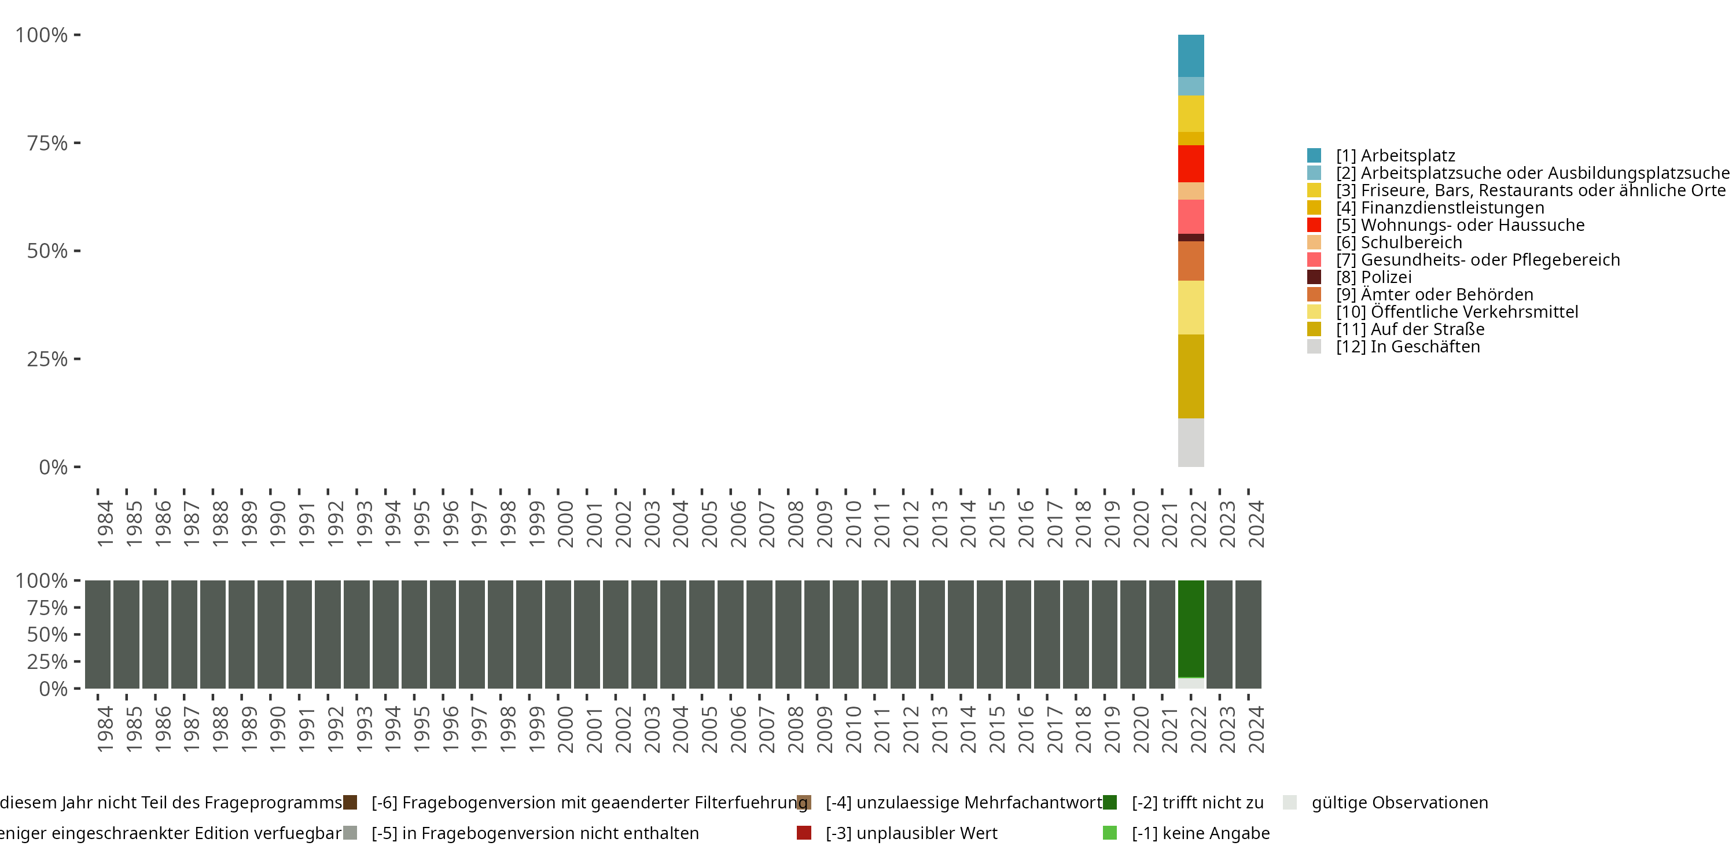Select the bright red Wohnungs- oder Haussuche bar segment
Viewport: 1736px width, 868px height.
pyautogui.click(x=1190, y=164)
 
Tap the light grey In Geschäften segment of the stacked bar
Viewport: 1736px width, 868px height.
pyautogui.click(x=1190, y=442)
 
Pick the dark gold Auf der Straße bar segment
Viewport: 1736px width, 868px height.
pyautogui.click(x=1190, y=376)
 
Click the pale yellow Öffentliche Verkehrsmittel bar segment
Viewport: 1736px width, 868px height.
pyautogui.click(x=1190, y=307)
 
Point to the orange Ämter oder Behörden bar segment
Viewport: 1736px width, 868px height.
pyautogui.click(x=1190, y=261)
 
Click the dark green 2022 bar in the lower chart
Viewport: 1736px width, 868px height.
pyautogui.click(x=1190, y=628)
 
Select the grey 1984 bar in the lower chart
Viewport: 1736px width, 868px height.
pyautogui.click(x=98, y=634)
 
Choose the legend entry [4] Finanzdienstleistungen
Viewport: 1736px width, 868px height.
pyautogui.click(x=1440, y=208)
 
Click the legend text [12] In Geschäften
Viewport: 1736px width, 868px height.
pyautogui.click(x=1408, y=347)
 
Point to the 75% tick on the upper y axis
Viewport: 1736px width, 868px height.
pyautogui.click(x=47, y=143)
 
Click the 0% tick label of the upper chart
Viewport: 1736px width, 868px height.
pyautogui.click(x=53, y=467)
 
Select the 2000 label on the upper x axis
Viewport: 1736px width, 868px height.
pyautogui.click(x=565, y=524)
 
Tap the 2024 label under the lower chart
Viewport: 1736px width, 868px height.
pyautogui.click(x=1256, y=729)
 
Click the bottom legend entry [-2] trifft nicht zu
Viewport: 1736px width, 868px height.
pyautogui.click(x=1197, y=803)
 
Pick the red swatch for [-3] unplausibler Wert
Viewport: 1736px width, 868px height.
pyautogui.click(x=803, y=833)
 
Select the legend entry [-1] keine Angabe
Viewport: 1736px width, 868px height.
pyautogui.click(x=1200, y=833)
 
